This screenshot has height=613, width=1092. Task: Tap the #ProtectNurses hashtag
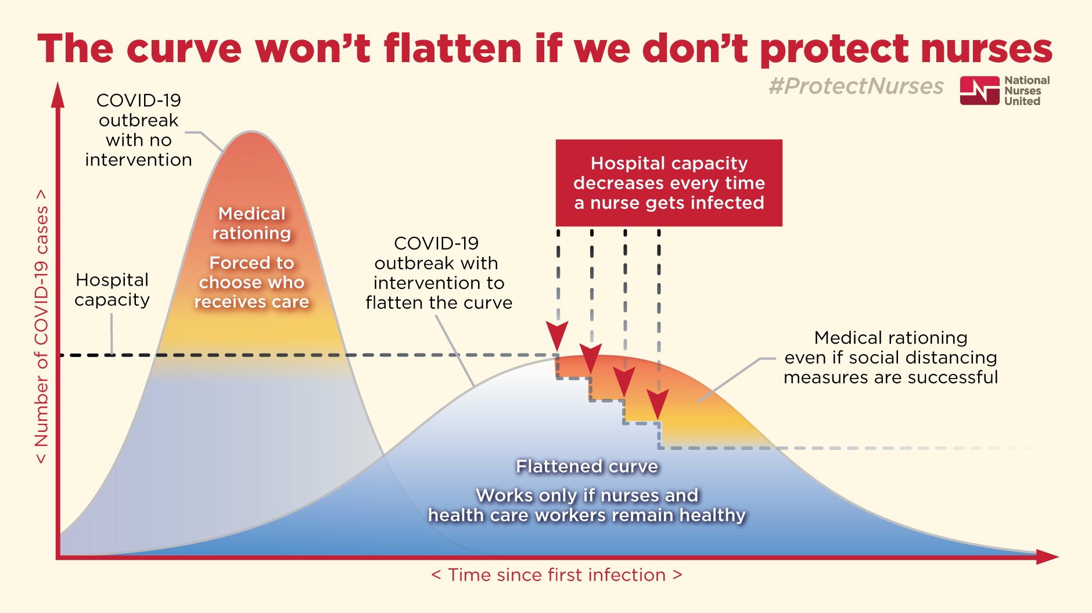(x=856, y=86)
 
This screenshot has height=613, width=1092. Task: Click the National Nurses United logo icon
(x=979, y=91)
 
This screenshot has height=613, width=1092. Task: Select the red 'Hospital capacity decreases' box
(x=669, y=183)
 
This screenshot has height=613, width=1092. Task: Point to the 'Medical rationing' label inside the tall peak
(x=252, y=223)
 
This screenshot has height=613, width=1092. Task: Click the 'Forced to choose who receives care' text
(x=252, y=282)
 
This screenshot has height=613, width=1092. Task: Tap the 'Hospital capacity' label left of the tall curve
(x=112, y=290)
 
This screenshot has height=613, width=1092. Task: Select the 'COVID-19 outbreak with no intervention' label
(x=138, y=130)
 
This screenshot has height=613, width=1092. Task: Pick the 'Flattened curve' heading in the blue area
(x=587, y=466)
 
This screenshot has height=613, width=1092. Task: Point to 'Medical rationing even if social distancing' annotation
(x=890, y=358)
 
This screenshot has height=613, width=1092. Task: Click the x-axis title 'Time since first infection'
(x=556, y=575)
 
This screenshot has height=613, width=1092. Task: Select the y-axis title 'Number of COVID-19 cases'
(x=41, y=326)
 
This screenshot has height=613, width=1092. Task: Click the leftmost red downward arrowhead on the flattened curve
(x=557, y=336)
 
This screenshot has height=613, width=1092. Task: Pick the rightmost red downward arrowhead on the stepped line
(x=658, y=404)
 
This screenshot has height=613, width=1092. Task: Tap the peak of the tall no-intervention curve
(x=251, y=133)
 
